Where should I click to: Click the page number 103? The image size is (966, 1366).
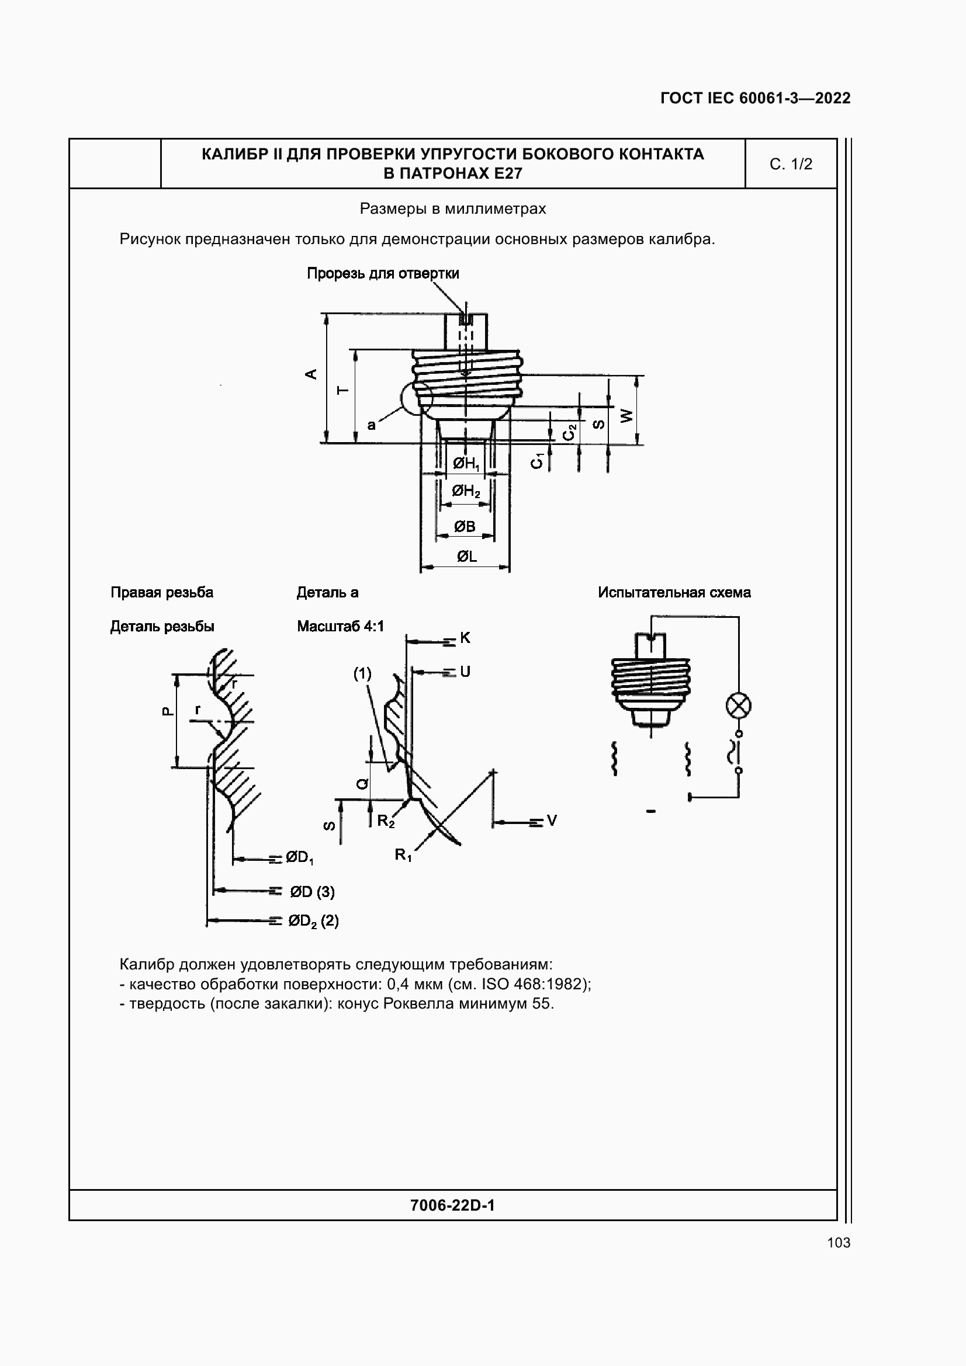pyautogui.click(x=838, y=1242)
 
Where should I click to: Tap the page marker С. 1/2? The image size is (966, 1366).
pyautogui.click(x=791, y=164)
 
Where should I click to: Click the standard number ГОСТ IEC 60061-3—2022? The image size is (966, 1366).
pyautogui.click(x=755, y=98)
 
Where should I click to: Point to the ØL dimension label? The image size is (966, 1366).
pyautogui.click(x=466, y=557)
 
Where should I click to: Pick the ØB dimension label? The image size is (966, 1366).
pyautogui.click(x=465, y=527)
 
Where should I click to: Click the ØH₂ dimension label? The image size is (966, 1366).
pyautogui.click(x=466, y=491)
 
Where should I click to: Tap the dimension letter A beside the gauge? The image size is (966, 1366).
pyautogui.click(x=311, y=374)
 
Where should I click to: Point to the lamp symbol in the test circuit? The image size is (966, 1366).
pyautogui.click(x=739, y=706)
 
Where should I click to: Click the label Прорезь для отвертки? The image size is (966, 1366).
pyautogui.click(x=383, y=273)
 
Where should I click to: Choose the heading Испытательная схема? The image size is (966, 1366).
pyautogui.click(x=674, y=593)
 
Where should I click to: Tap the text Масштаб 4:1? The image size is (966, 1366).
pyautogui.click(x=341, y=626)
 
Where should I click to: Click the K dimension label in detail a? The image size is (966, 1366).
pyautogui.click(x=465, y=638)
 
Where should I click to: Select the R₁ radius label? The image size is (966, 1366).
pyautogui.click(x=403, y=855)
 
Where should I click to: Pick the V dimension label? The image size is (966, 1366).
pyautogui.click(x=552, y=821)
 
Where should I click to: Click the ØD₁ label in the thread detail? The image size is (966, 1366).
pyautogui.click(x=299, y=857)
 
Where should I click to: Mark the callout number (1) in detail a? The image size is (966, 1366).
pyautogui.click(x=362, y=673)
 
